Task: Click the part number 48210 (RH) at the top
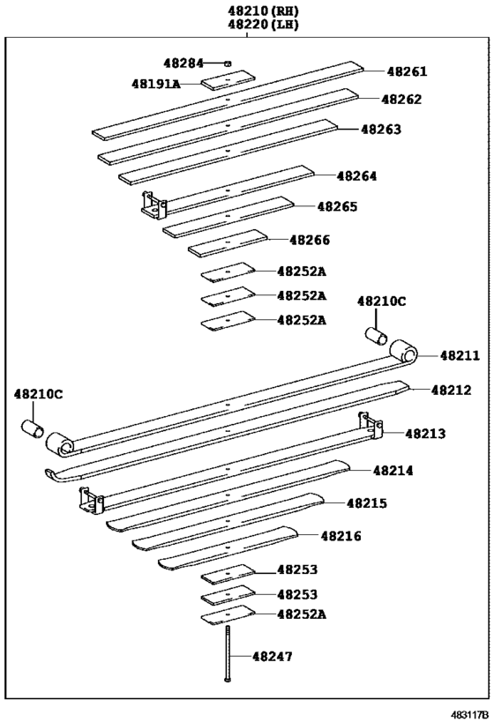coord(263,11)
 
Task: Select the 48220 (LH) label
coord(263,25)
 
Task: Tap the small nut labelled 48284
coord(227,63)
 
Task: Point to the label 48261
coord(406,71)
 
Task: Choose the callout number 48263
coord(380,129)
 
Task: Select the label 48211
coord(460,355)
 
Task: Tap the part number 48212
coord(451,390)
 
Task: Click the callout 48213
coord(425,433)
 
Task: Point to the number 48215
coord(366,503)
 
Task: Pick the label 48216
coord(341,535)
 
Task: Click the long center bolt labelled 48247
coord(227,653)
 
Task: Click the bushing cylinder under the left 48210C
coord(34,428)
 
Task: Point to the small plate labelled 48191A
coord(228,82)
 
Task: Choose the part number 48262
coord(401,100)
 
